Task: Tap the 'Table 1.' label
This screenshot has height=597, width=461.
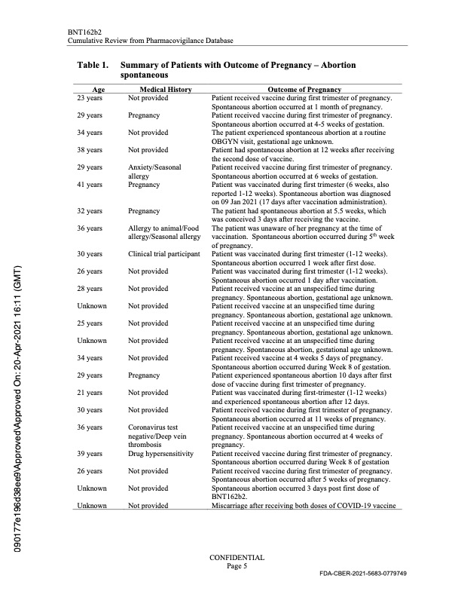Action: point(93,66)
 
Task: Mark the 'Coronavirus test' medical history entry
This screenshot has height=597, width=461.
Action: point(154,427)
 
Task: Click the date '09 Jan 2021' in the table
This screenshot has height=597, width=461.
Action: point(237,201)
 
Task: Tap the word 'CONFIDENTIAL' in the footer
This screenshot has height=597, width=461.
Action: point(237,557)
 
